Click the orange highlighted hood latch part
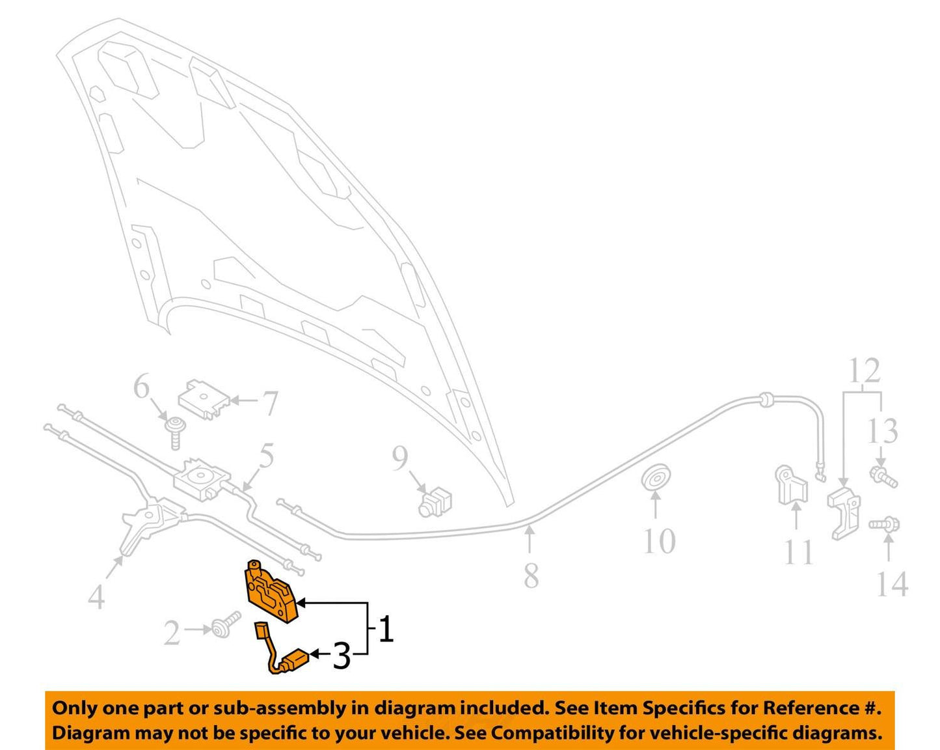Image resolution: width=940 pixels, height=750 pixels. pyautogui.click(x=270, y=591)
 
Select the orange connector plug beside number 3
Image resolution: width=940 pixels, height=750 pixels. pyautogui.click(x=296, y=660)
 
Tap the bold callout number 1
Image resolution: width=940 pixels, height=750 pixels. pyautogui.click(x=386, y=630)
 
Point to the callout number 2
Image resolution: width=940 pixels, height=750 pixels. pyautogui.click(x=172, y=633)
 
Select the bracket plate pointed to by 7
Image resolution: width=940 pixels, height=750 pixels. pyautogui.click(x=204, y=400)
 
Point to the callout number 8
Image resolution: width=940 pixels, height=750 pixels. pyautogui.click(x=531, y=575)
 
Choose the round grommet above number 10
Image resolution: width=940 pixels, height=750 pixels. pyautogui.click(x=657, y=478)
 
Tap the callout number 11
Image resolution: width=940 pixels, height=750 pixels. pyautogui.click(x=798, y=552)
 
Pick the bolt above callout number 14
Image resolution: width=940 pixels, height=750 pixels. pyautogui.click(x=884, y=523)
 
